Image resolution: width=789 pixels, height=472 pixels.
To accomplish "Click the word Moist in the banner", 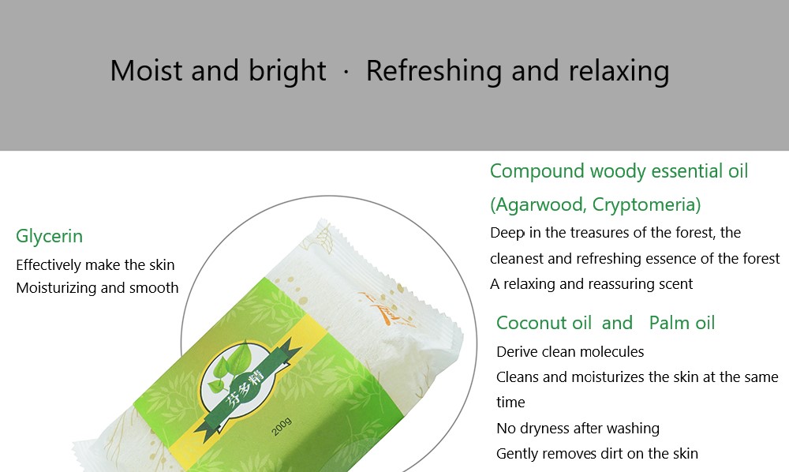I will [x=146, y=71].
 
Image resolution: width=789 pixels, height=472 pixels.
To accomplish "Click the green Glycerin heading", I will [x=49, y=236].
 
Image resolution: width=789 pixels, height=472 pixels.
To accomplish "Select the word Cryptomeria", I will [x=645, y=205].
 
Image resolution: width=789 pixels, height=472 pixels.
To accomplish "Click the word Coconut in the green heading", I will [x=532, y=323].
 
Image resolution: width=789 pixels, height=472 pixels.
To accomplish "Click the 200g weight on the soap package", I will [x=281, y=426].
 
